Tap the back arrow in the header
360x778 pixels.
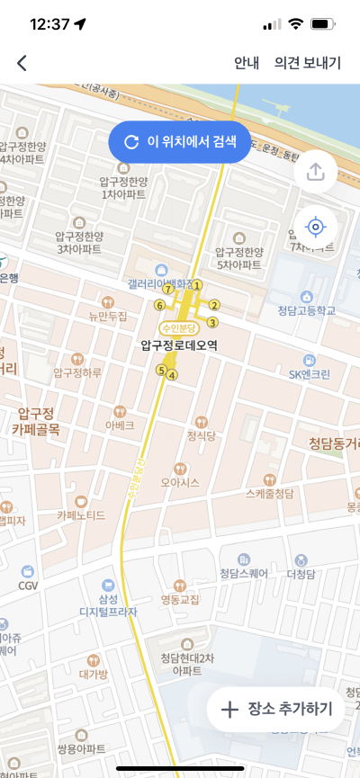pyautogui.click(x=22, y=63)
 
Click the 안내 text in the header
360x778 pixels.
pyautogui.click(x=247, y=63)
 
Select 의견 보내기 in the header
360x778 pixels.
pyautogui.click(x=308, y=63)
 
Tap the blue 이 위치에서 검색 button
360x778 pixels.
pyautogui.click(x=179, y=142)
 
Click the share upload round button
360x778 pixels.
pyautogui.click(x=315, y=172)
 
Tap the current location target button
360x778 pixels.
pyautogui.click(x=315, y=226)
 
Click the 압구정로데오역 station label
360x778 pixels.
pyautogui.click(x=180, y=344)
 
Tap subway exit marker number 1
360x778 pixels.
pyautogui.click(x=197, y=285)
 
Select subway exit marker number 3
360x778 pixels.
pyautogui.click(x=212, y=322)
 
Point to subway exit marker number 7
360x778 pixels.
pyautogui.click(x=167, y=289)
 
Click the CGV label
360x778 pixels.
pyautogui.click(x=28, y=585)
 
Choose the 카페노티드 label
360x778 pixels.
pyautogui.click(x=81, y=514)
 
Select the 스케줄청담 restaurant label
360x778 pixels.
pyautogui.click(x=269, y=493)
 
